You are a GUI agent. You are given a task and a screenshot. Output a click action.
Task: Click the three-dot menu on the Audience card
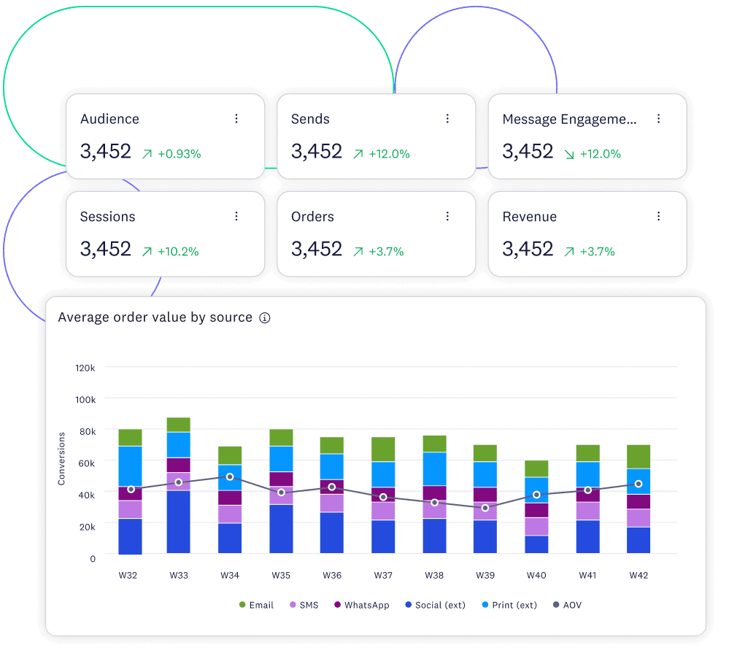coord(236,119)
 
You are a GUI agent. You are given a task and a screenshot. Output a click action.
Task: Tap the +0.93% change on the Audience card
coord(179,154)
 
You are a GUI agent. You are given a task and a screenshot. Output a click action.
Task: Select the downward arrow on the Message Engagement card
coord(569,154)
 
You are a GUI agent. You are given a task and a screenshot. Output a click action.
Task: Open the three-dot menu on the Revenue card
coord(658,217)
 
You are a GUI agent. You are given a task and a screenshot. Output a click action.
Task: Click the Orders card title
coord(312,217)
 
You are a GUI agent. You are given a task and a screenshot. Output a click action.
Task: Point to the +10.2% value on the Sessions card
coord(178,252)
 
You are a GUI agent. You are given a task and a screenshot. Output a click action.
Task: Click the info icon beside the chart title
coord(265,318)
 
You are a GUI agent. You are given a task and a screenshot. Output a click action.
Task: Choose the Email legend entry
coord(256,605)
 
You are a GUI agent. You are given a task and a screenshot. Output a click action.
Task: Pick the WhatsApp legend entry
coord(361,605)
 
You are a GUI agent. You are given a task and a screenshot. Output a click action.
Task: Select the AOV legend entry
coord(567,605)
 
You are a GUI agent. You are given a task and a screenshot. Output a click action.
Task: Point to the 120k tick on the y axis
coord(85,368)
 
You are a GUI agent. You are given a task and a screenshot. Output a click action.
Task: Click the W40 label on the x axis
coord(536,575)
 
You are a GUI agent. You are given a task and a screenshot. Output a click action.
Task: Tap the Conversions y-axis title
coord(62,458)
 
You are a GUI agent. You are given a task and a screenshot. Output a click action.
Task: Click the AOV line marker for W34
coord(230,476)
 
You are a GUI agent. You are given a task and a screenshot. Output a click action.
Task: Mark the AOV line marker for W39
coord(485,507)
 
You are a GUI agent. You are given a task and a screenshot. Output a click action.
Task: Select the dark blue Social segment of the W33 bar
coord(179,522)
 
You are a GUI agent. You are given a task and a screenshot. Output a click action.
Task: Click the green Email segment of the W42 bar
coord(638,456)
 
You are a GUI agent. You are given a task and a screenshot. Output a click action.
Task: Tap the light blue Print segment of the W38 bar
coord(434,468)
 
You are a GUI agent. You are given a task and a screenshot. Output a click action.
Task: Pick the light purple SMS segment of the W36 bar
coord(332,503)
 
